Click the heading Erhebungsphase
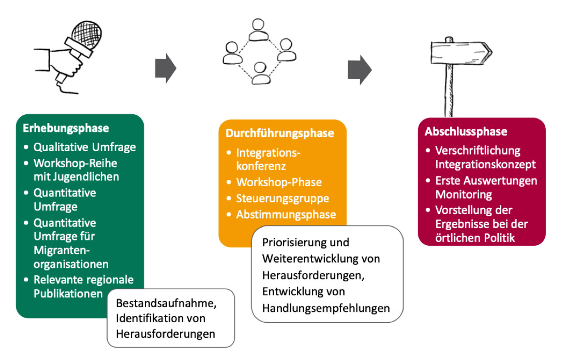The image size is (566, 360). coord(66,128)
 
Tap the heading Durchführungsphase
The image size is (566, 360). coord(279,133)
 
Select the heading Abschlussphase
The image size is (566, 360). coord(466,131)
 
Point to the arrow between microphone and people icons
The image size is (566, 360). coord(166,68)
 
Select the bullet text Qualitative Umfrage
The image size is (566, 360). coord(84,147)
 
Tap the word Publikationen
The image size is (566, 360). coord(68,293)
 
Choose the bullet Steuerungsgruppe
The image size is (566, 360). coord(282,198)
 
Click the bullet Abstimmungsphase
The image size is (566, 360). coord(286,214)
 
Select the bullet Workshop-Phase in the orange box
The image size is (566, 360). coord(279,182)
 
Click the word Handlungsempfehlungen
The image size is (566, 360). coord(326,308)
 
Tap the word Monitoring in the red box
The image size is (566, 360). coord(463,194)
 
